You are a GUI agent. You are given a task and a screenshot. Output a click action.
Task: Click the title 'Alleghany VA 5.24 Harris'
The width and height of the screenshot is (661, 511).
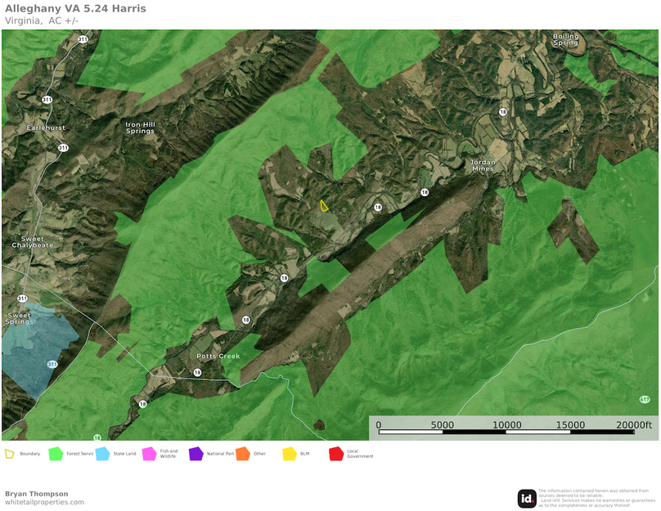click(75, 9)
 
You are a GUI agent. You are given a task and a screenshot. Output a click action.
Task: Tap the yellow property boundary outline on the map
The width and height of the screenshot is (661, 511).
click(324, 207)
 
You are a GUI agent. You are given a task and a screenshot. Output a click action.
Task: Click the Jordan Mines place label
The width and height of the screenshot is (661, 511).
click(482, 166)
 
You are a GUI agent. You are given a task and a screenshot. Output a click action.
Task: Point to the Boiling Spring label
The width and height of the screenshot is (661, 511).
click(565, 39)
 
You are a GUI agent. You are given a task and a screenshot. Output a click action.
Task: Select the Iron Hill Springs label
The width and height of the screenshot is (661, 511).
click(140, 128)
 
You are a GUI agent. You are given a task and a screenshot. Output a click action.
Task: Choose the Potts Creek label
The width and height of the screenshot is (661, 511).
click(218, 356)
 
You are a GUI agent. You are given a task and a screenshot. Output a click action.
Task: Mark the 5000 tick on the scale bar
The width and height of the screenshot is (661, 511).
click(442, 425)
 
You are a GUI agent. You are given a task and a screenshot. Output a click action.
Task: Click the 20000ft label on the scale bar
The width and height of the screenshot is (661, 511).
click(635, 425)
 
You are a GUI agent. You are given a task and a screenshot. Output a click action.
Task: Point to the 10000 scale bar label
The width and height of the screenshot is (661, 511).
click(506, 425)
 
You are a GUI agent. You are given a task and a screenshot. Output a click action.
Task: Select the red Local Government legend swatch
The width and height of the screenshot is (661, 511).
click(335, 454)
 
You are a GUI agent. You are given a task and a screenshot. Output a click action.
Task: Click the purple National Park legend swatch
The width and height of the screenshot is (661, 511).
click(196, 454)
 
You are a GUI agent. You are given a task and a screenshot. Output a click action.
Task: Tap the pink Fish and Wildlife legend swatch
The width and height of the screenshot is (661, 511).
click(149, 454)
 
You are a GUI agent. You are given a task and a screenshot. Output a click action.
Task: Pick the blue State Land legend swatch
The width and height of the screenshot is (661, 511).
click(102, 454)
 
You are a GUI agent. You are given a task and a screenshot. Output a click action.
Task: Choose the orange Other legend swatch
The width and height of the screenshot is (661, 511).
click(242, 454)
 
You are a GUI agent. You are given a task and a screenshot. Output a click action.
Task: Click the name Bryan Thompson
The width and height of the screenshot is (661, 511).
click(37, 494)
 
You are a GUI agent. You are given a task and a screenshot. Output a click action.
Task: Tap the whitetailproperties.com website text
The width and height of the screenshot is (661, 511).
click(44, 502)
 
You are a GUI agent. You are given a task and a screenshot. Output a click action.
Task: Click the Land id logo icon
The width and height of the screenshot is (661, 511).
click(527, 498)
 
